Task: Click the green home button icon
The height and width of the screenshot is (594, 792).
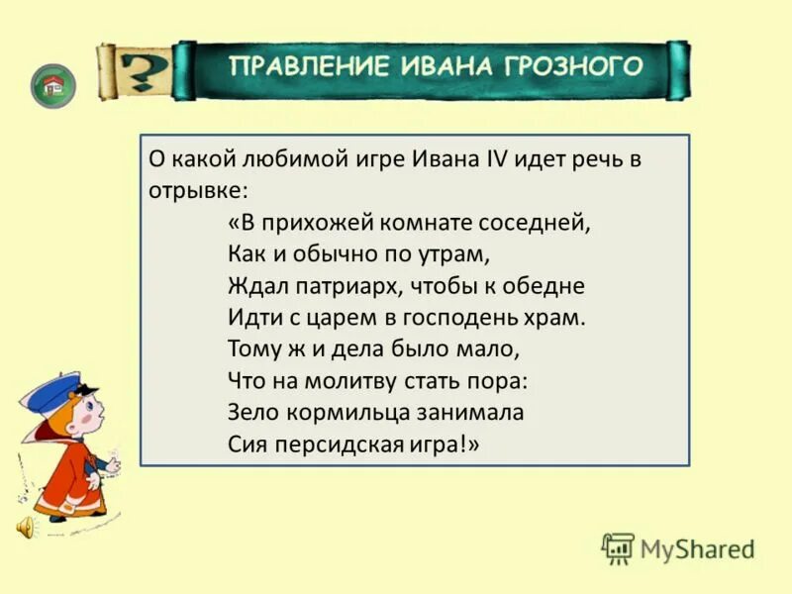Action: [x=52, y=86]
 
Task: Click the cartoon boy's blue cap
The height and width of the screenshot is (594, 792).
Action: [x=51, y=391]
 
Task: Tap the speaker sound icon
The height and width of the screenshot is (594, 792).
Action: [x=24, y=527]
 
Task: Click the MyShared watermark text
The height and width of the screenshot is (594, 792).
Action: [x=696, y=548]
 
